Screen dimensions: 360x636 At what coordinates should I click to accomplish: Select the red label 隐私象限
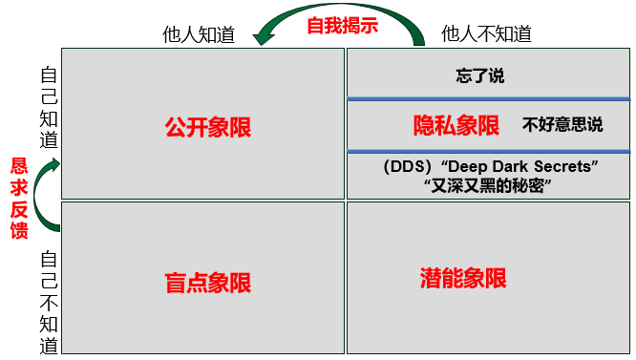point(456,125)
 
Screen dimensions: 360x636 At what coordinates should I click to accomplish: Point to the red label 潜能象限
point(463,278)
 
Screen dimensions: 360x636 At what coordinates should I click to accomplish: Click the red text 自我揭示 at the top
point(342,26)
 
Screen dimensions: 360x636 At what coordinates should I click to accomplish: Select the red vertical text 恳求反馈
point(19,198)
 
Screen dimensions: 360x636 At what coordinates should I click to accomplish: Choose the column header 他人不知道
point(486,33)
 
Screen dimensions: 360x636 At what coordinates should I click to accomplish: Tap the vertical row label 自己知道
point(49,108)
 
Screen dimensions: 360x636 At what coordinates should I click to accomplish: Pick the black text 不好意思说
point(562,125)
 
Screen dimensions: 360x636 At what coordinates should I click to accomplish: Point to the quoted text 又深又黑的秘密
point(488,186)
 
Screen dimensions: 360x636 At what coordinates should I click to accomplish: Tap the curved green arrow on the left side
point(42,196)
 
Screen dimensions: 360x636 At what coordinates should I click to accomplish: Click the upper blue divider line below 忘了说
point(488,98)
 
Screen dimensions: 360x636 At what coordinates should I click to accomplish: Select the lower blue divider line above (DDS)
point(488,151)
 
